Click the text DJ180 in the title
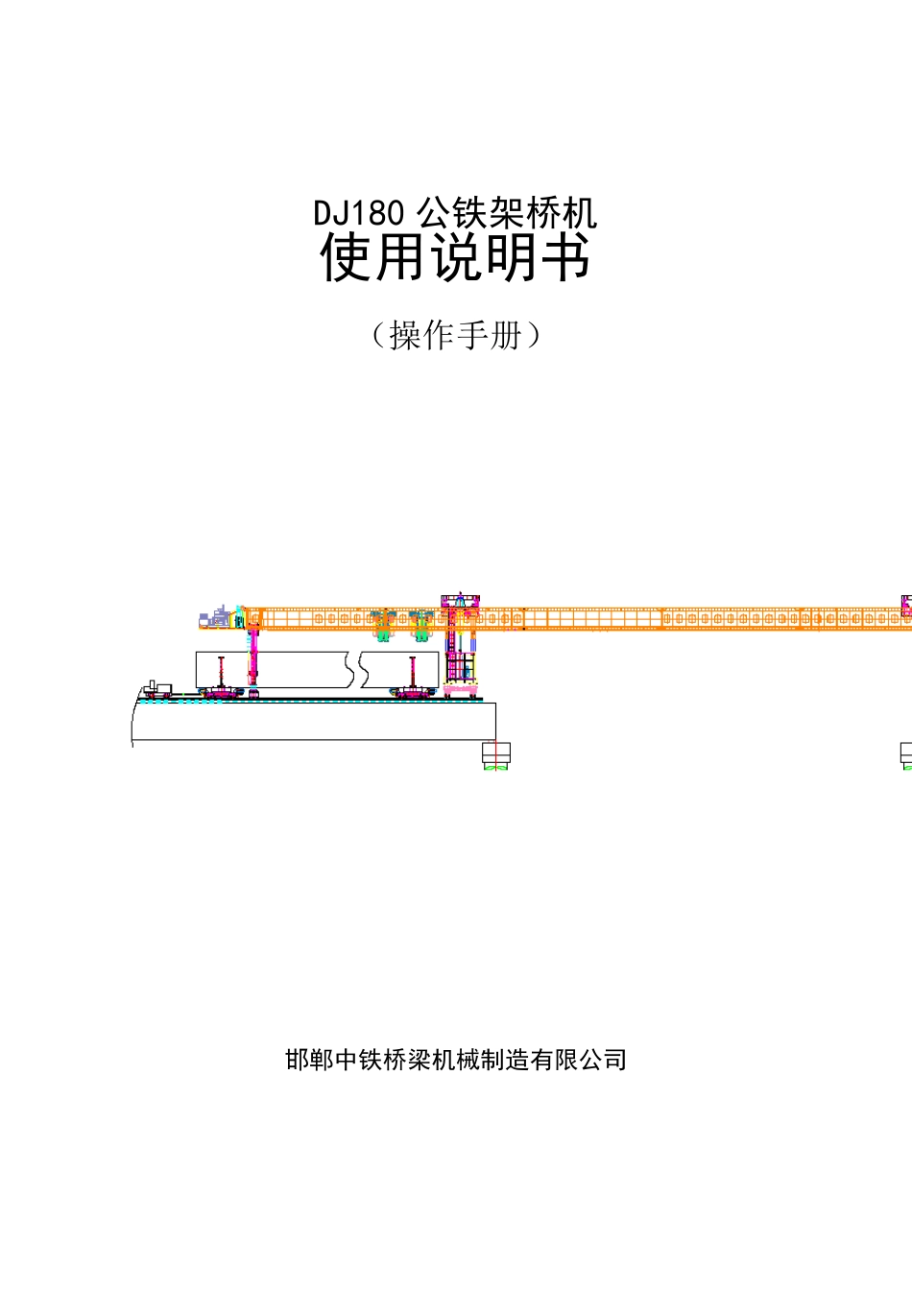[x=359, y=213]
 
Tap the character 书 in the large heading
[x=565, y=257]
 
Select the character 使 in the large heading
[x=345, y=257]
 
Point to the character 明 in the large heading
[x=511, y=257]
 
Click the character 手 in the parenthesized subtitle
[x=472, y=336]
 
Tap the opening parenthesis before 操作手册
[x=378, y=336]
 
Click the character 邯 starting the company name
[x=298, y=1060]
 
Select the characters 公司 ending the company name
[x=603, y=1060]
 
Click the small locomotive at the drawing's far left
[x=157, y=689]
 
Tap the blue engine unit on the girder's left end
[x=215, y=617]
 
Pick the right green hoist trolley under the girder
[x=421, y=627]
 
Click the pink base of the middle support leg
[x=461, y=690]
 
